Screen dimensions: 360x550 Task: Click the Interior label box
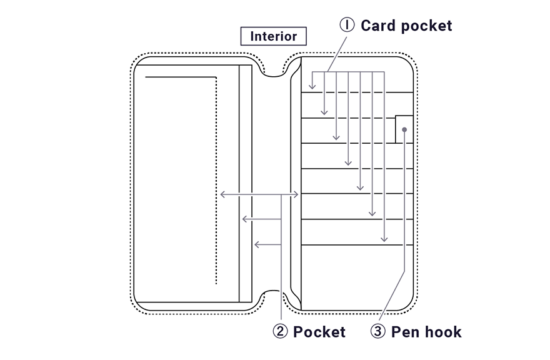click(x=274, y=36)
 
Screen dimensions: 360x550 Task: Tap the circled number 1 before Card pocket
click(x=347, y=25)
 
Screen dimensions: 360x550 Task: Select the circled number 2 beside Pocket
click(x=281, y=332)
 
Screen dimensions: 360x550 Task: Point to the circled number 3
click(x=378, y=332)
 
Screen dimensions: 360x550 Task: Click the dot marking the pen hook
click(x=405, y=130)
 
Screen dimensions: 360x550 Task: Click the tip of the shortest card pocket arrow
click(x=312, y=88)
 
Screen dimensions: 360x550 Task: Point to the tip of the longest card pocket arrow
click(x=384, y=242)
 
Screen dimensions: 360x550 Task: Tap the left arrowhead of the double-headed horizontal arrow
click(x=221, y=195)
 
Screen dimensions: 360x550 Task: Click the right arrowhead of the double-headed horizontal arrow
click(x=299, y=195)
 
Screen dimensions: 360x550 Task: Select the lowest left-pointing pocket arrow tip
click(x=255, y=244)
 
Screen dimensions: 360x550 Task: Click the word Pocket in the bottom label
click(x=319, y=332)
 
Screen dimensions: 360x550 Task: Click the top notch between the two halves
click(x=274, y=71)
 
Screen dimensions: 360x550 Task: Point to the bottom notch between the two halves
click(x=274, y=296)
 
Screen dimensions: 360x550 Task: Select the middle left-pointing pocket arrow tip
click(x=242, y=219)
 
